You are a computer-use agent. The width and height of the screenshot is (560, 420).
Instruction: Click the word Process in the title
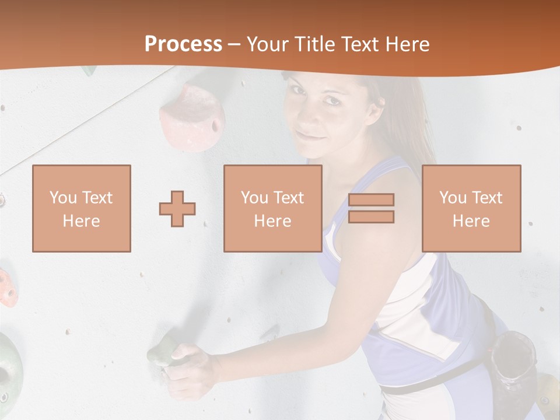click(183, 44)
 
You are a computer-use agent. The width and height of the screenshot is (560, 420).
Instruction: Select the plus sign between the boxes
click(177, 208)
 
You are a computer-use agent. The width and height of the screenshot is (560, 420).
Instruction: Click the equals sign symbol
click(371, 208)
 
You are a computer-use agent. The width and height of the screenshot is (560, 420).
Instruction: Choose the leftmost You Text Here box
click(82, 208)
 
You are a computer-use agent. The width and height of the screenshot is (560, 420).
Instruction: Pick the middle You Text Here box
click(273, 208)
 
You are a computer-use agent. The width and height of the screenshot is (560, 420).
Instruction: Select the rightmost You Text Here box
click(471, 208)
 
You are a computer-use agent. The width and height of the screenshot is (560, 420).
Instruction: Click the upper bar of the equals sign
click(371, 199)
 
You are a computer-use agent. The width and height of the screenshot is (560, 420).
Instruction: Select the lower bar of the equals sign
click(371, 217)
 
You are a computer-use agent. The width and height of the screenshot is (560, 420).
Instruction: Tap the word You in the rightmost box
click(452, 198)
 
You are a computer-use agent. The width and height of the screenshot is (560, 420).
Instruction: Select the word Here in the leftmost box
click(82, 221)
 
